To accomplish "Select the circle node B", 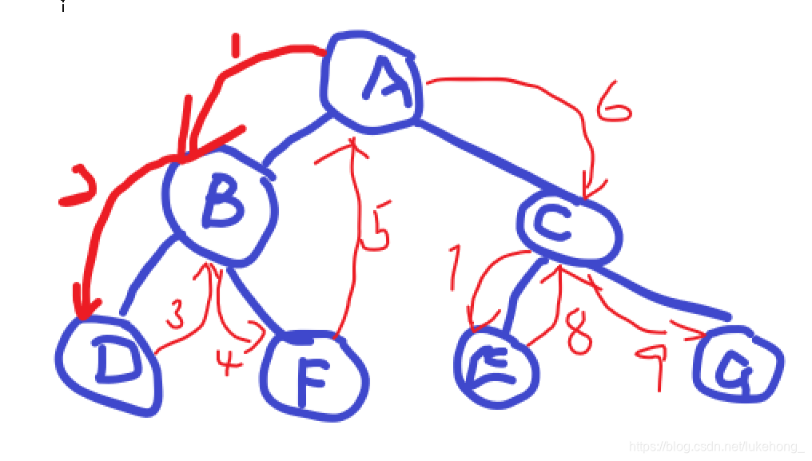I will (x=221, y=203).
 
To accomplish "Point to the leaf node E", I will (x=496, y=366).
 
